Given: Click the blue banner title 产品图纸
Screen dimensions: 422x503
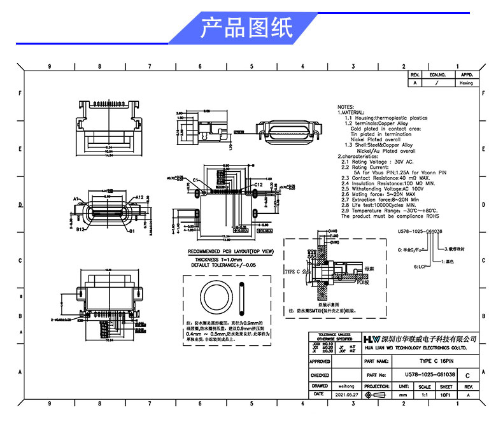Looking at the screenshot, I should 247,29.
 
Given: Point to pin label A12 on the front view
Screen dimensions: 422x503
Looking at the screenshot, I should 139,197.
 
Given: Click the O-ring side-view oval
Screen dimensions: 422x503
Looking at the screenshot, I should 242,298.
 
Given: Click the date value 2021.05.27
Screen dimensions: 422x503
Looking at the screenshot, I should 347,395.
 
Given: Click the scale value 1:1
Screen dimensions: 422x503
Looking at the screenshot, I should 425,395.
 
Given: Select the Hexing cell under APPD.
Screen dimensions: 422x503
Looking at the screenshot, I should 466,83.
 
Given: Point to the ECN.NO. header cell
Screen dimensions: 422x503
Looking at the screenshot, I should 437,75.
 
